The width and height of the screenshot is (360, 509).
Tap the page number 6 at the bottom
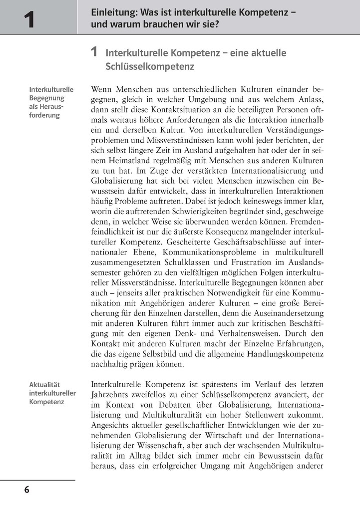tap(26, 490)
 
